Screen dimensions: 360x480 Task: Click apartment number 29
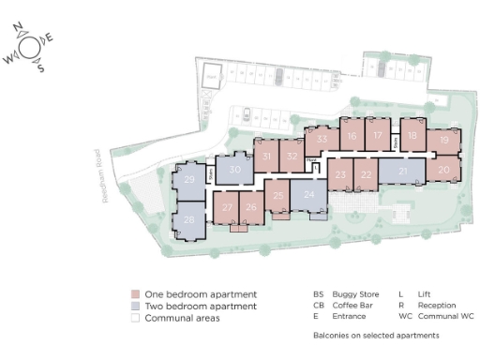click(x=189, y=180)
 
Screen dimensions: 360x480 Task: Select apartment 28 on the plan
click(x=189, y=220)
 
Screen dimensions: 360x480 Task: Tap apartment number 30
click(x=235, y=170)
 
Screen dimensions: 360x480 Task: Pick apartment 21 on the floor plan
click(x=403, y=172)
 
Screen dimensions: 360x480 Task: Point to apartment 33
click(x=322, y=140)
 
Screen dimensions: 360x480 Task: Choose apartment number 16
click(x=352, y=136)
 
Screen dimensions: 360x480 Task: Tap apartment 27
click(x=228, y=208)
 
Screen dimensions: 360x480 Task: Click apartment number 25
click(x=277, y=196)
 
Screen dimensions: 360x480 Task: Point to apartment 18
click(x=412, y=136)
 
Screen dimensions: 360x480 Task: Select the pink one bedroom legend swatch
click(x=135, y=294)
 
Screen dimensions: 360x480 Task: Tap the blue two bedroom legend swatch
click(x=135, y=307)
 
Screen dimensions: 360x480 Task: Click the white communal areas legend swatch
click(x=135, y=319)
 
